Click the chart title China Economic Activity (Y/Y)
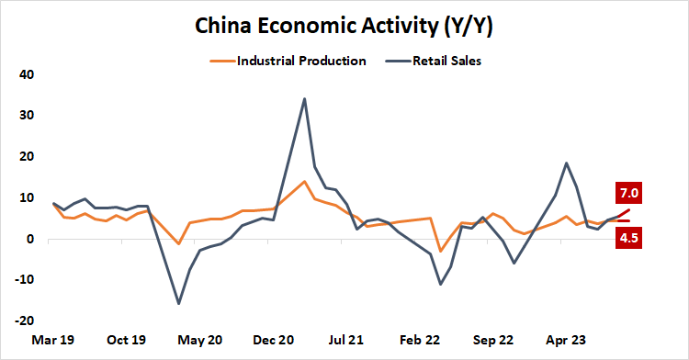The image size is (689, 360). (344, 27)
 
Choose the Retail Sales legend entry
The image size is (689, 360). (447, 62)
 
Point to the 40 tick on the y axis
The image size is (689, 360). (27, 74)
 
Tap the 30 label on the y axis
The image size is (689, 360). (27, 116)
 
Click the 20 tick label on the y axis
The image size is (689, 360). (27, 157)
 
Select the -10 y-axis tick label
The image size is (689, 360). (25, 281)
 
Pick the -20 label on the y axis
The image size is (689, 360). (25, 322)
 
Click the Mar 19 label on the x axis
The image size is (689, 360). (53, 340)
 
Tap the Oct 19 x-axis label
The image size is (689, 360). (127, 340)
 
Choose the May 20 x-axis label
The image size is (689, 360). (200, 340)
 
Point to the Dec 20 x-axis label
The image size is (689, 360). (273, 340)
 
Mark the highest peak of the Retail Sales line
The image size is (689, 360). (304, 98)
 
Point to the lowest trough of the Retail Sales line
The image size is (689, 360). (178, 303)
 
